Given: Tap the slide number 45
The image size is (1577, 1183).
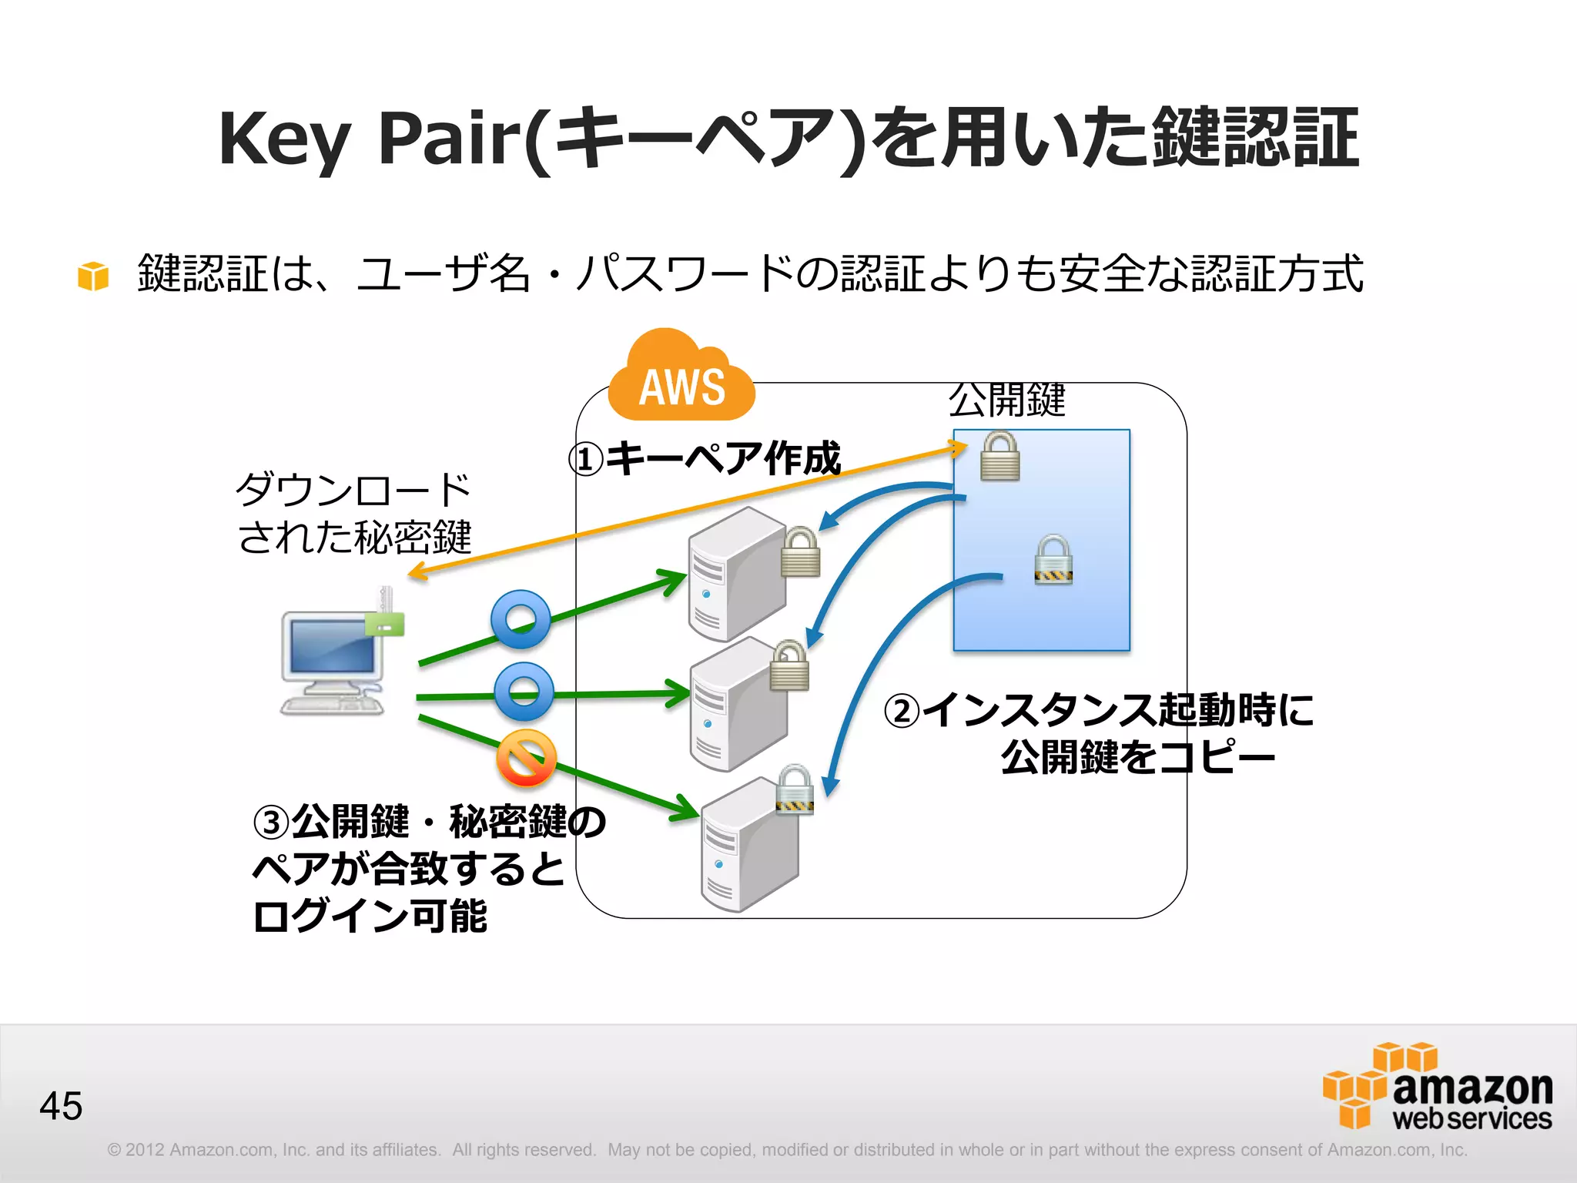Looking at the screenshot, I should (61, 1106).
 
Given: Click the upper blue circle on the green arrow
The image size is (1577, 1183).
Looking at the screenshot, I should (521, 619).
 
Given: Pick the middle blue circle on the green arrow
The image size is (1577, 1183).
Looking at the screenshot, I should (524, 692).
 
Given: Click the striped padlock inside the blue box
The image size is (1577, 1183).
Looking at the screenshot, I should (1053, 560).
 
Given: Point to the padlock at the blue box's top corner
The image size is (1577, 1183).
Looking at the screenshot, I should (999, 456).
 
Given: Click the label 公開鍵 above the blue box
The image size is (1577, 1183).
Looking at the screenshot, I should (1006, 400).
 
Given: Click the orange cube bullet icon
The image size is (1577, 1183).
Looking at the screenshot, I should (93, 276).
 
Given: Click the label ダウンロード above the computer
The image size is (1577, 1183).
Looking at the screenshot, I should (353, 490).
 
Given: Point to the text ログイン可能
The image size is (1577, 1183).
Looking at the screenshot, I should (370, 916).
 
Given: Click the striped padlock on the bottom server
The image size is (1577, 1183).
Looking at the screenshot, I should (795, 789).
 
